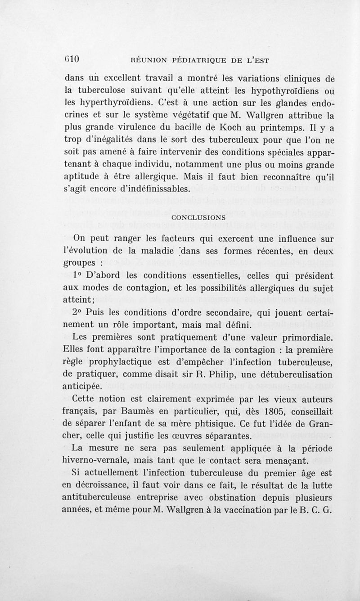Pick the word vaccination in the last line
tap(246, 511)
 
